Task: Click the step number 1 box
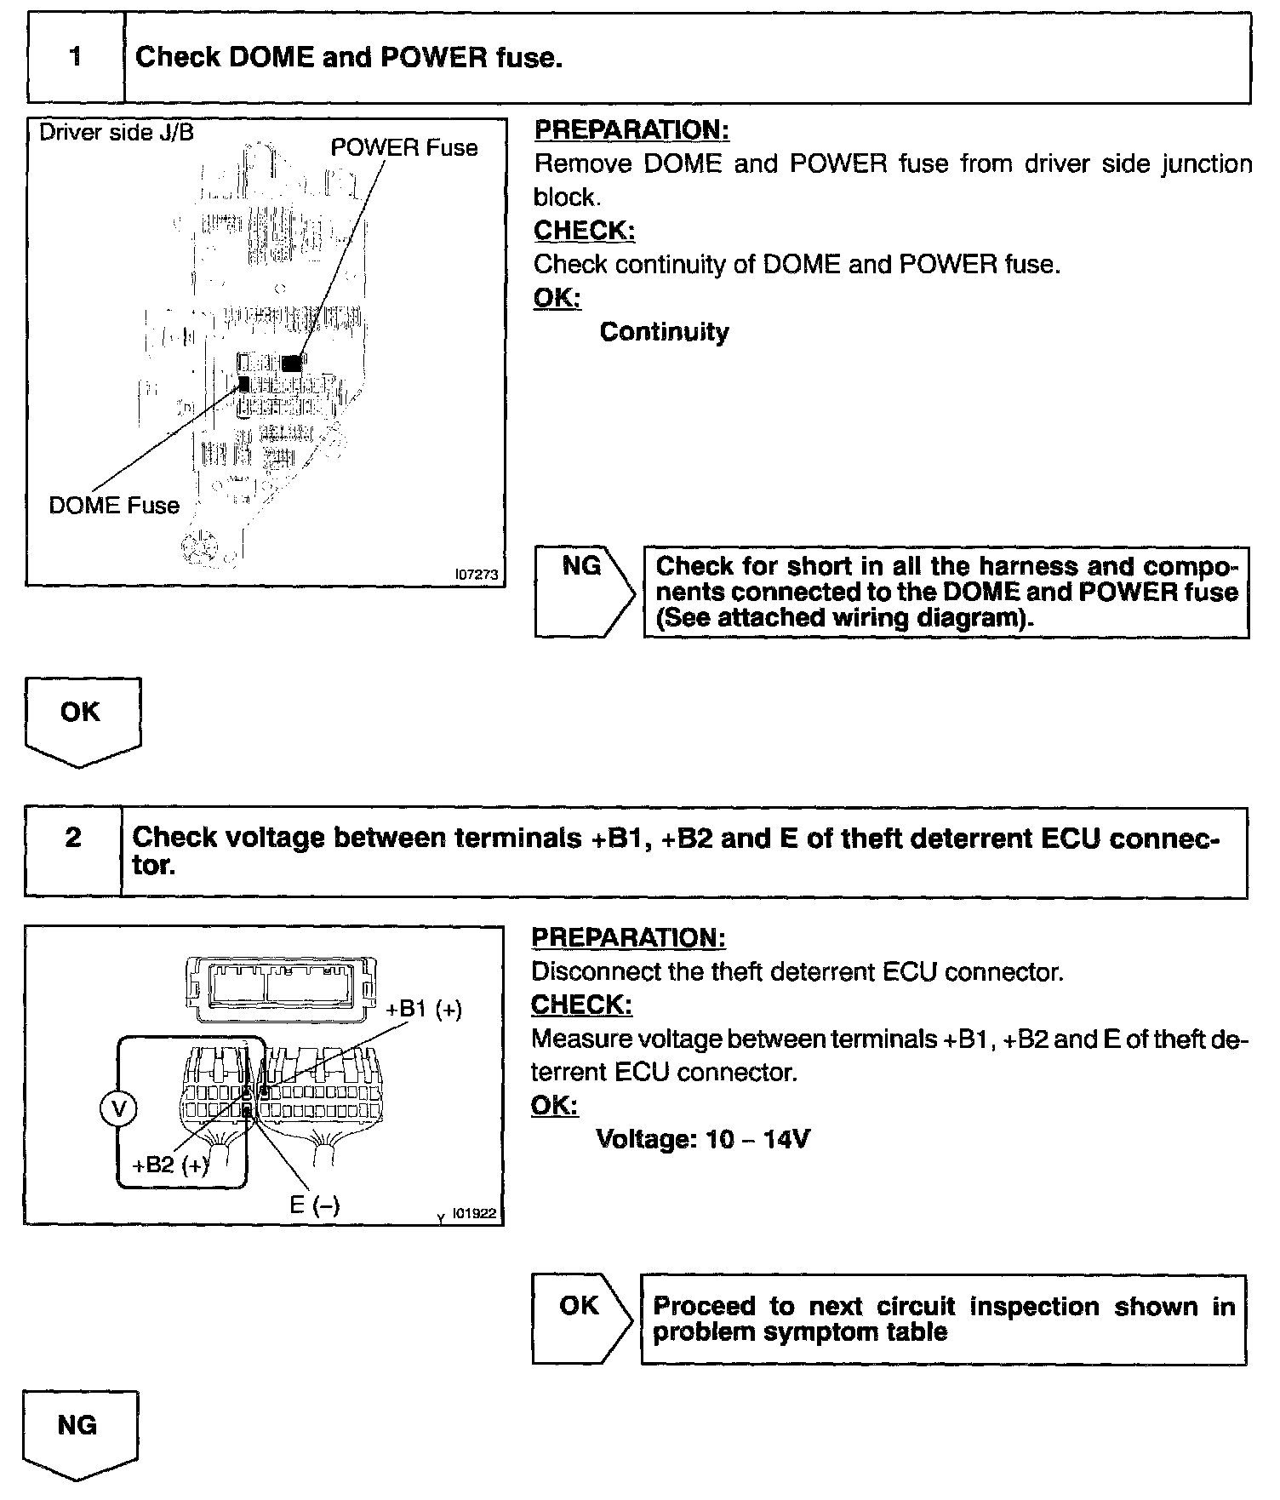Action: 76,58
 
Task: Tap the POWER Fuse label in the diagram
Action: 404,148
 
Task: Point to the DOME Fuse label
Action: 114,506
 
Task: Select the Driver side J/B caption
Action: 117,133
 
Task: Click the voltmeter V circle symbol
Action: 118,1108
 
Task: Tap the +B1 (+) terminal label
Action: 424,1010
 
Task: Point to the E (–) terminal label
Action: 314,1205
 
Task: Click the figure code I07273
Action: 476,575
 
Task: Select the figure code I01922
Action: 473,1214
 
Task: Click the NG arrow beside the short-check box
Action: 584,592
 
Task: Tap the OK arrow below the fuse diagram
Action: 83,719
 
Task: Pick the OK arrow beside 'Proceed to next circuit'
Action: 581,1319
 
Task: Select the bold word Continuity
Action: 664,332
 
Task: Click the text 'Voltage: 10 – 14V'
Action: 703,1139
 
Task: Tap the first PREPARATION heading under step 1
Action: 631,130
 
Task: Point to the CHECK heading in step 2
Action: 581,1005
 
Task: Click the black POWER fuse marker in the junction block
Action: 292,363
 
